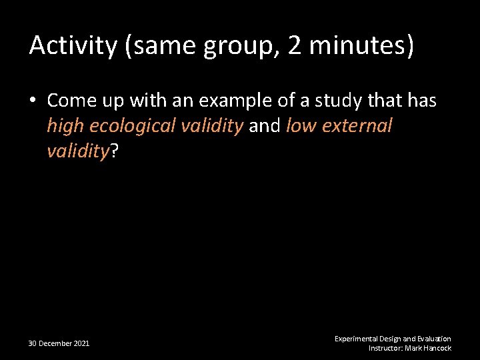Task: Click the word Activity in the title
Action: pyautogui.click(x=71, y=46)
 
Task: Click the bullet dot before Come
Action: pyautogui.click(x=34, y=101)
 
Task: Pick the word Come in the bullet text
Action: pyautogui.click(x=70, y=101)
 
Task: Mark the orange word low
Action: pyautogui.click(x=301, y=126)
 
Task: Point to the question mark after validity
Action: pyautogui.click(x=114, y=151)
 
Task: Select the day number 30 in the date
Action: pyautogui.click(x=33, y=343)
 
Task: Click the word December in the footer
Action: pyautogui.click(x=55, y=343)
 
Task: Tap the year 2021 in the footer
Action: pyautogui.click(x=81, y=343)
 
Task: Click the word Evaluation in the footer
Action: pyautogui.click(x=434, y=339)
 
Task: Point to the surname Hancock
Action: pyautogui.click(x=437, y=348)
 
